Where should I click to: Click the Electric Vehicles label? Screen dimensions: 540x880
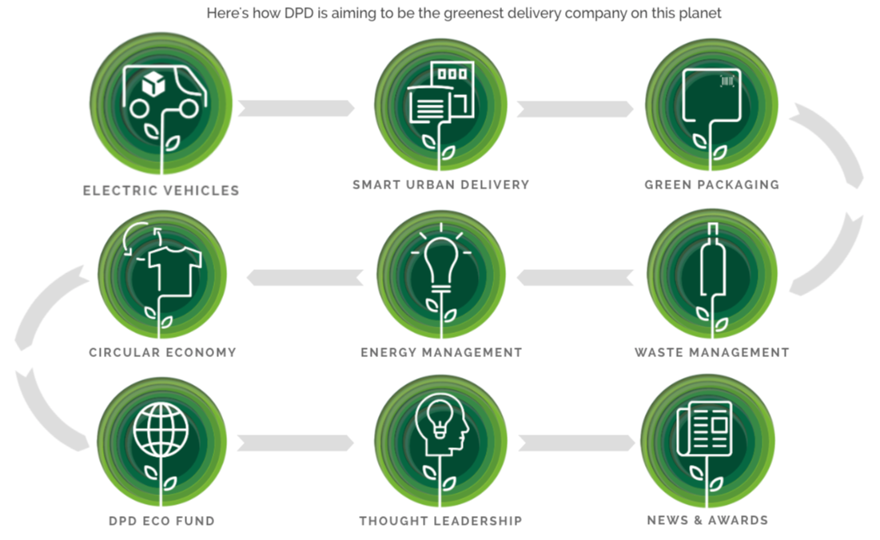coord(161,191)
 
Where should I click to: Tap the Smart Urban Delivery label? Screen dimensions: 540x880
coord(440,185)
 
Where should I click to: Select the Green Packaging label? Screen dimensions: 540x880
coord(711,185)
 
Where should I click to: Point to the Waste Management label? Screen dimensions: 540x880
coord(711,352)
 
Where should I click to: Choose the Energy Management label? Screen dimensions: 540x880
coord(441,352)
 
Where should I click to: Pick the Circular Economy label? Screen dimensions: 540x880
coord(162,352)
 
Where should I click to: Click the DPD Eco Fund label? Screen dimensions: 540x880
coord(161,521)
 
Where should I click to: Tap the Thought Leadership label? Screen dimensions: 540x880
coord(440,521)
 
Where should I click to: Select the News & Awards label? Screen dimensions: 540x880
coord(707,520)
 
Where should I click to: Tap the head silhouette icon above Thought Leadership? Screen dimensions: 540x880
coord(441,427)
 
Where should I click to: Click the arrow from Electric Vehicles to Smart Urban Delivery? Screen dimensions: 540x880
coord(296,108)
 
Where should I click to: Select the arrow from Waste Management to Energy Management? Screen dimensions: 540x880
coord(575,277)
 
